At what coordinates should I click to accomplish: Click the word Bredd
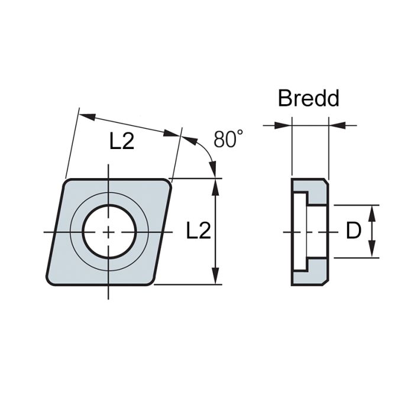point(309,98)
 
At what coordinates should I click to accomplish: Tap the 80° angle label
point(228,140)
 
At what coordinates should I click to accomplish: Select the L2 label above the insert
point(122,141)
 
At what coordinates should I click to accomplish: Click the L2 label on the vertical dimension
point(199,231)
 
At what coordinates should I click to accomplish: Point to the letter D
point(353,231)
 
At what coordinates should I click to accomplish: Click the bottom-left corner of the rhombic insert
point(48,283)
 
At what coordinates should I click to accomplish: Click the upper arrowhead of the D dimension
point(373,211)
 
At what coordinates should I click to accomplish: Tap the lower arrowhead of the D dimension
point(373,253)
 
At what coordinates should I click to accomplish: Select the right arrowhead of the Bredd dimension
point(334,125)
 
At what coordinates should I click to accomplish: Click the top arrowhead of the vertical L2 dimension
point(217,184)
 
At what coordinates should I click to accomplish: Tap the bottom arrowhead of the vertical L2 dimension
point(217,279)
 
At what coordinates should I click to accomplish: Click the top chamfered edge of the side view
point(309,179)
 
